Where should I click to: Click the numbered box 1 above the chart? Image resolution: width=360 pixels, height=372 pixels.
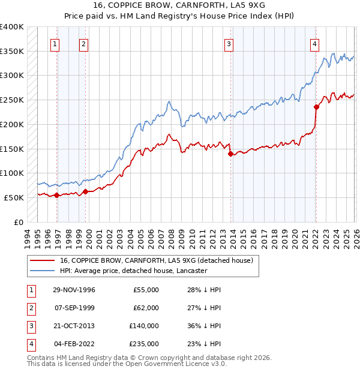[55, 43]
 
